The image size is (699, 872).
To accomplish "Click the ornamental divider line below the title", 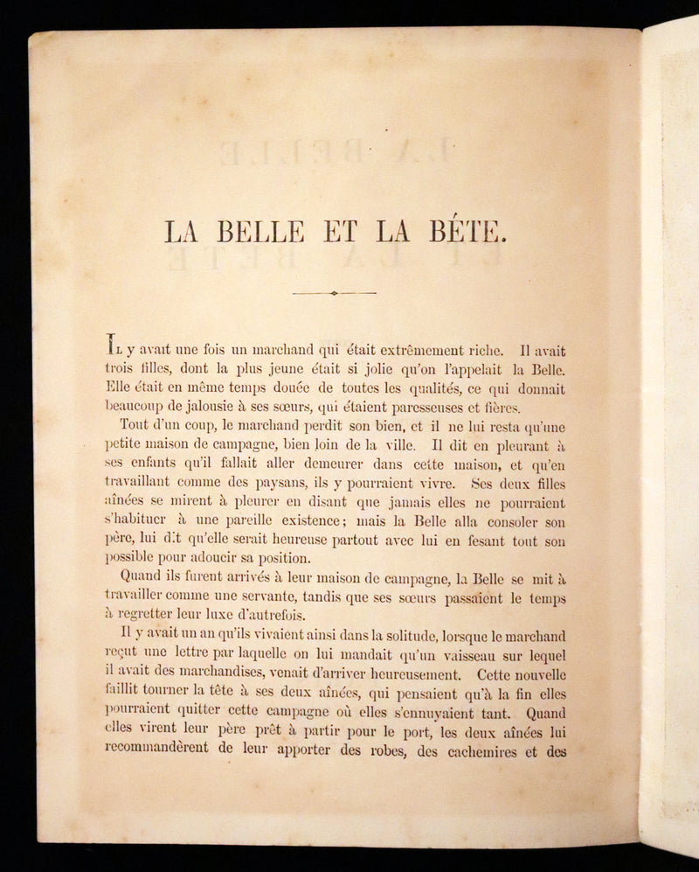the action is click(x=334, y=293).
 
